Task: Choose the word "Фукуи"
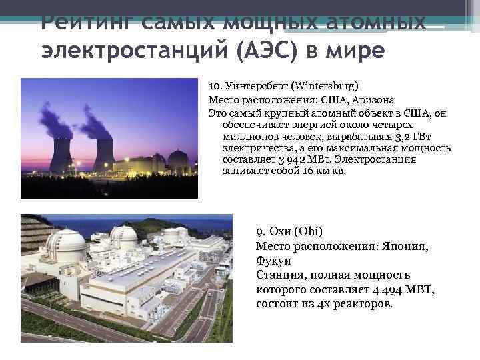[x=273, y=261]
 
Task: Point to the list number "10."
[x=215, y=87]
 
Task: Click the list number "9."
[x=261, y=232]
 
